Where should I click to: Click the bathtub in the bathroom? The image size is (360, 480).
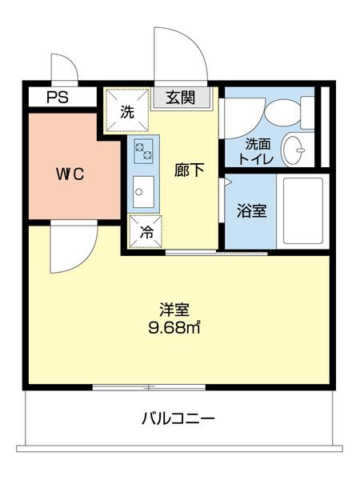[x=303, y=210]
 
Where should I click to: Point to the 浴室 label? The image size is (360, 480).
[x=251, y=211]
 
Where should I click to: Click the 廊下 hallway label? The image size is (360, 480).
[x=190, y=170]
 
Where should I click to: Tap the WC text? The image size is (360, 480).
[x=70, y=173]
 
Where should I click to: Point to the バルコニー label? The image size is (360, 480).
[x=178, y=418]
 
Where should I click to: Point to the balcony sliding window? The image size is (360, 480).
[x=148, y=387]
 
